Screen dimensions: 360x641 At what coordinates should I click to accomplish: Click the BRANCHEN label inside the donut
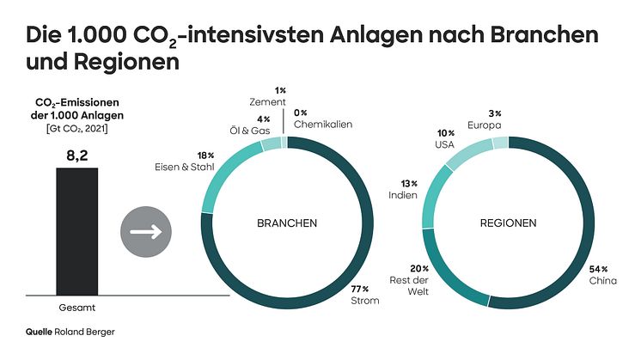click(x=287, y=223)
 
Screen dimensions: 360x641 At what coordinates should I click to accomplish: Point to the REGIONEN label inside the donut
click(x=507, y=223)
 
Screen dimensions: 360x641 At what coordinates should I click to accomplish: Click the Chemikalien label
click(x=323, y=125)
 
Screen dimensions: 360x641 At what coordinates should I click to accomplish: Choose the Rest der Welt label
click(x=410, y=287)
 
